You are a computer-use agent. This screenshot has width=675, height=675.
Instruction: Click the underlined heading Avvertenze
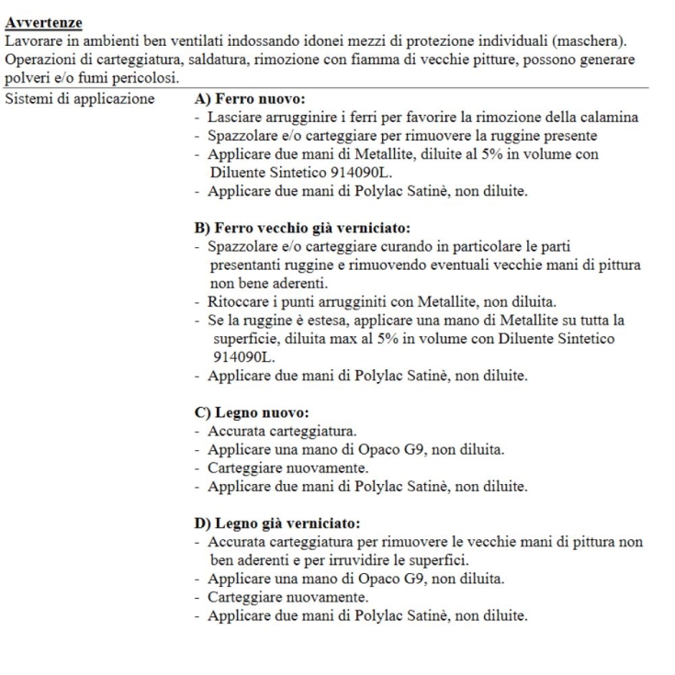(x=43, y=21)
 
